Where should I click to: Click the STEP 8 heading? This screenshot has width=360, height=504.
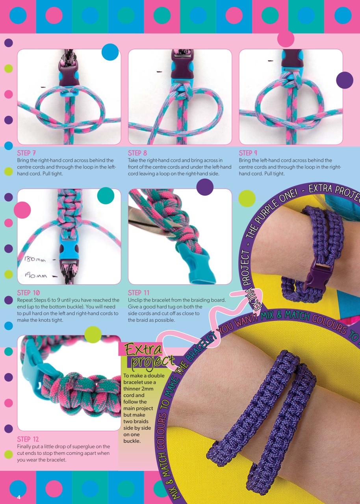(137, 153)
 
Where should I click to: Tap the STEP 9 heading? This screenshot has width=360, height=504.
(249, 153)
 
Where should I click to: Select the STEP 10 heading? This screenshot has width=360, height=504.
(28, 293)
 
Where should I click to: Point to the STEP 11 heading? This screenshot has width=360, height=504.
(139, 293)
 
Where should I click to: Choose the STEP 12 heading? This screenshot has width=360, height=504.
(28, 439)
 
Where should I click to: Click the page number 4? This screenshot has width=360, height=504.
(19, 497)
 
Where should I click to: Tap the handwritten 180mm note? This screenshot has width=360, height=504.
(35, 259)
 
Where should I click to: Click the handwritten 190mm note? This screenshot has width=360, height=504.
(36, 276)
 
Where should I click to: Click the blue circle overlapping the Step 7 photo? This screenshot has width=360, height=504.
(110, 52)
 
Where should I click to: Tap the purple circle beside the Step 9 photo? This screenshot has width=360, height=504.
(345, 80)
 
